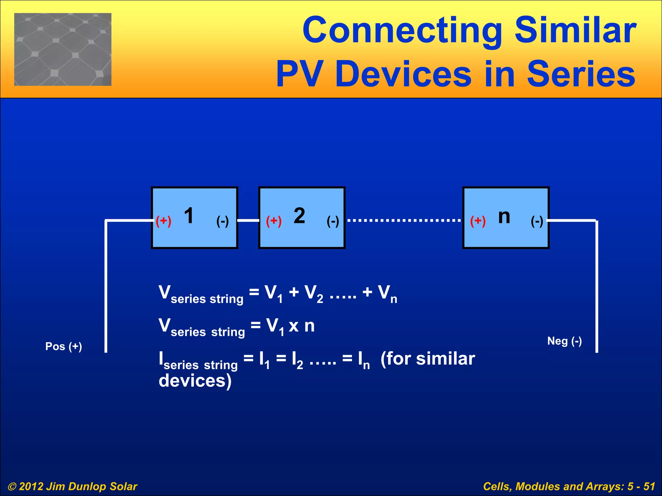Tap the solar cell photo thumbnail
63,49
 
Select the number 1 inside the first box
189,216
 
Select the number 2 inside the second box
299,216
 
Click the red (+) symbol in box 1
164,221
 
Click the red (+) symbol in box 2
274,221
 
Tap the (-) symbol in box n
537,221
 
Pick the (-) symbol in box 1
222,221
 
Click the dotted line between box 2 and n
404,221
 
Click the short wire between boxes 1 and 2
248,221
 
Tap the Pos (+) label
64,346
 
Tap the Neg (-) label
564,341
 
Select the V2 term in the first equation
314,294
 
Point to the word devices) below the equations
195,381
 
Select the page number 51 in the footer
649,486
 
